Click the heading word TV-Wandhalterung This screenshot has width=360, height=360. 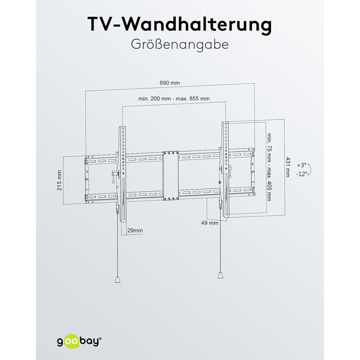179,24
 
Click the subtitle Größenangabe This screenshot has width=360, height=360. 179,44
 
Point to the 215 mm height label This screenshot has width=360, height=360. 60,181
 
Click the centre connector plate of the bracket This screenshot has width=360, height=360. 170,175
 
